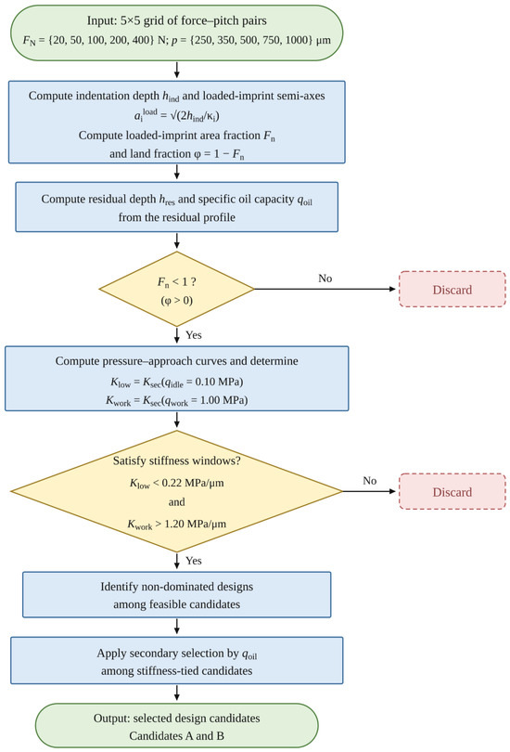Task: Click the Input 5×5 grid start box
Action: [177, 33]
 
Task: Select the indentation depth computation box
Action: [177, 123]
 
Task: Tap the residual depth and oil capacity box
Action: [177, 207]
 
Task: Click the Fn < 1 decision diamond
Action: [177, 289]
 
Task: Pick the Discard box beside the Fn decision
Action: [453, 289]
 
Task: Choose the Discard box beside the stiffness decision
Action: [453, 491]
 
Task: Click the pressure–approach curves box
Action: [177, 379]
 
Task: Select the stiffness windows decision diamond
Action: [177, 491]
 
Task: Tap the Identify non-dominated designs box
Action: [177, 595]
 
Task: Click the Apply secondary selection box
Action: [177, 660]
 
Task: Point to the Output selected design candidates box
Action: [177, 726]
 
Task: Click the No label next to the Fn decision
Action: [325, 279]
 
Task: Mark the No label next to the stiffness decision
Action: [370, 481]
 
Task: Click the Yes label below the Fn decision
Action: [194, 335]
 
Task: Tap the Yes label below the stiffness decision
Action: [194, 561]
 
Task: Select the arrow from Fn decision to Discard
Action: [325, 289]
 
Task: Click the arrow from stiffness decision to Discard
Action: [370, 491]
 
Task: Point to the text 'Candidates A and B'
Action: [177, 735]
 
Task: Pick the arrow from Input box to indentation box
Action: [177, 70]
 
